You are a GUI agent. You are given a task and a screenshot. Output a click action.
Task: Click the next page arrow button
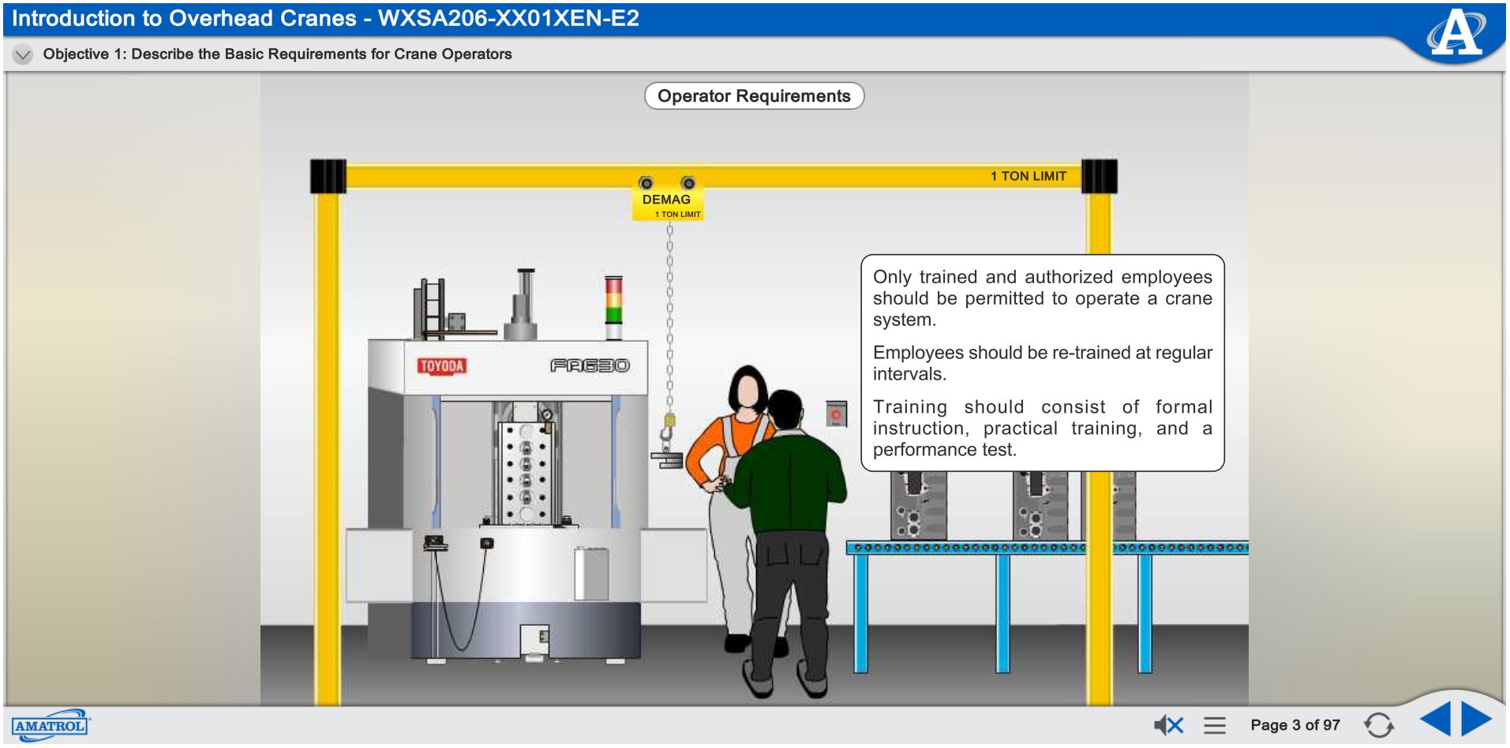tap(1476, 719)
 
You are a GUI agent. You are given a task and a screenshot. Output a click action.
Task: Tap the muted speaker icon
tap(1168, 725)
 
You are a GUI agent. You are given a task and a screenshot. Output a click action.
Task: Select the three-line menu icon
tap(1215, 725)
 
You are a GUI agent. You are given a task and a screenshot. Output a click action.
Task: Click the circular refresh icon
tap(1378, 725)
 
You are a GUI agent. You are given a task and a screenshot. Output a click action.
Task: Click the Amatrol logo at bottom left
tap(50, 725)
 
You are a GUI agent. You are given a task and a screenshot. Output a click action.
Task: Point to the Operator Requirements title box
tap(754, 96)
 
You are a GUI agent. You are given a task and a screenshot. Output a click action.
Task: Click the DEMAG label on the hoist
tap(666, 200)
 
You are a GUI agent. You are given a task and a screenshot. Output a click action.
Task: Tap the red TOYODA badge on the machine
tap(442, 366)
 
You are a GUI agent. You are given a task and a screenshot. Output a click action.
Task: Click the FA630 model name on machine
tap(590, 366)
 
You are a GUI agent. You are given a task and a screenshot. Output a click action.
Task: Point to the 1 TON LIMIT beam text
tap(1028, 176)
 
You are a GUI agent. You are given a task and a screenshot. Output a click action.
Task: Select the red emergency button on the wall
tap(836, 413)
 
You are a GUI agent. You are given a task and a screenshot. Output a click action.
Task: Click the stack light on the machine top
tap(613, 300)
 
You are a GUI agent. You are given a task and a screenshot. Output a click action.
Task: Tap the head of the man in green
tap(785, 410)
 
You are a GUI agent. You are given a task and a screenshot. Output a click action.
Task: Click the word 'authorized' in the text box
tap(1069, 277)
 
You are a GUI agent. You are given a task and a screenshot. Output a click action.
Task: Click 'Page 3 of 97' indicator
tap(1295, 725)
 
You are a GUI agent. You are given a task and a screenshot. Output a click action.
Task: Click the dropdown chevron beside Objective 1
tap(23, 54)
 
